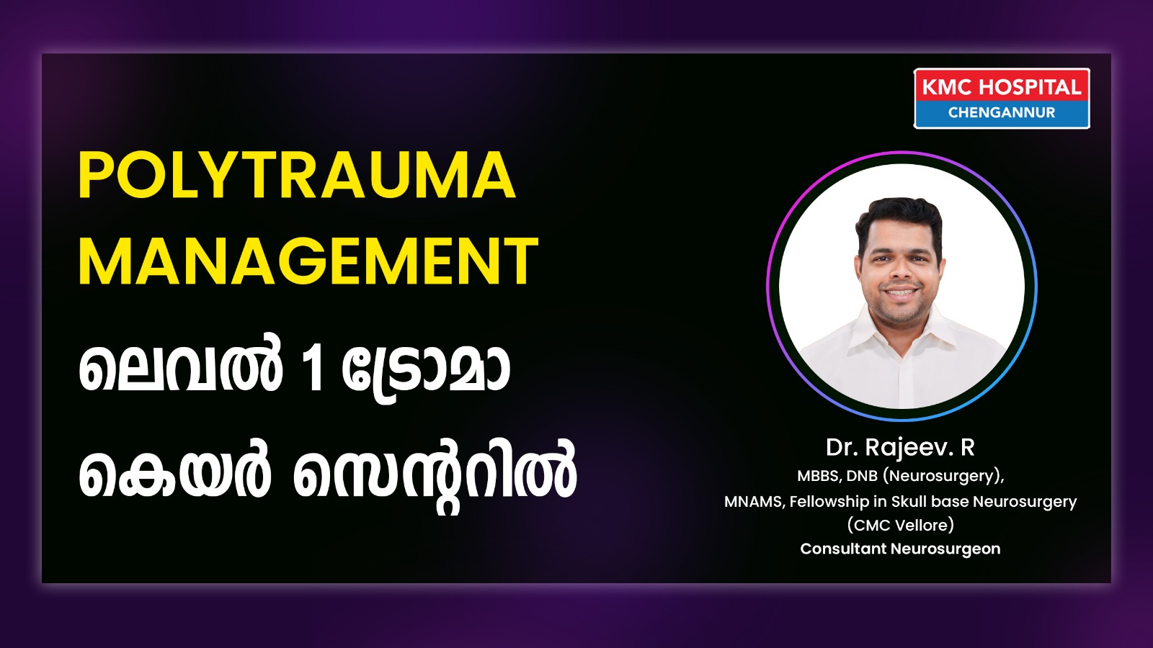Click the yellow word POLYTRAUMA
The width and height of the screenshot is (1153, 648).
[297, 175]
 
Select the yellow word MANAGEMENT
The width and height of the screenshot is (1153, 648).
[308, 261]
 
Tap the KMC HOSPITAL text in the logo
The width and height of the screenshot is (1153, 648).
[1001, 87]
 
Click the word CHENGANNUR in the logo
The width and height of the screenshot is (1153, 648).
[1001, 112]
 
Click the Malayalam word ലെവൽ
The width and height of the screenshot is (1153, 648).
[181, 368]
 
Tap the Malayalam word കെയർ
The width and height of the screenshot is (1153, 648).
[175, 473]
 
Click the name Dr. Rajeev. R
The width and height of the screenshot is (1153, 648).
[900, 447]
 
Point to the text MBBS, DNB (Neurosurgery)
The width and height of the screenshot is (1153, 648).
[900, 476]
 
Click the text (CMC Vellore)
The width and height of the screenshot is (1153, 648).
[900, 525]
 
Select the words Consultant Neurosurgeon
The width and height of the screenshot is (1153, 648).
[900, 549]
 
